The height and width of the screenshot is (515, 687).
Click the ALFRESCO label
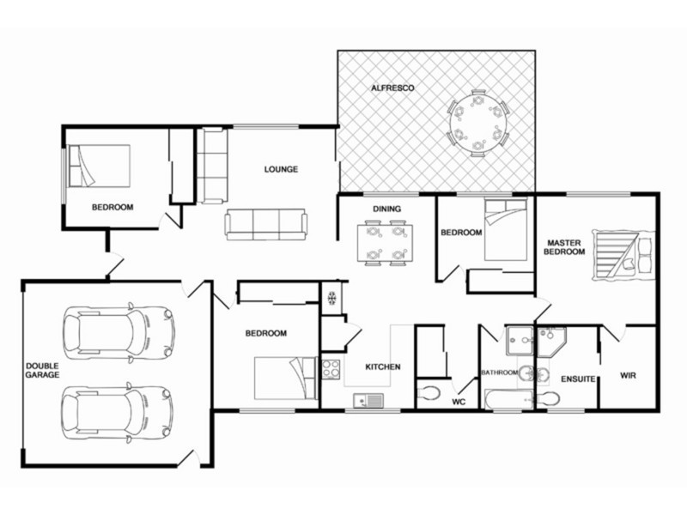[393, 88]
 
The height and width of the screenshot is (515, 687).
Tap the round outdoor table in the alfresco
[477, 122]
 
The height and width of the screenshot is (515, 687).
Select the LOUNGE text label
[281, 169]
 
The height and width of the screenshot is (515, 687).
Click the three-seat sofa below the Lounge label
[266, 225]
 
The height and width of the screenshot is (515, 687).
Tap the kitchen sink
[370, 399]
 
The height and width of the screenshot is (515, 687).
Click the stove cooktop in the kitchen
[331, 369]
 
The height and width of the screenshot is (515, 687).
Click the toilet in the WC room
[429, 394]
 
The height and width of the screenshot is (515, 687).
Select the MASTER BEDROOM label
[565, 247]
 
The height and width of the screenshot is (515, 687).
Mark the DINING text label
[382, 209]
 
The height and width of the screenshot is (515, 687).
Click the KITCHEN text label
[383, 367]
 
